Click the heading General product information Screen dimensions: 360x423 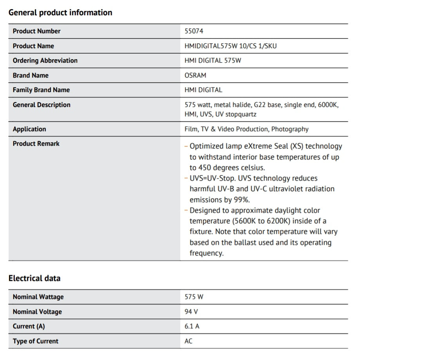click(60, 13)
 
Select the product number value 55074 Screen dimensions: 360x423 click(194, 31)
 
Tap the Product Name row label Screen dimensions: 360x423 click(33, 46)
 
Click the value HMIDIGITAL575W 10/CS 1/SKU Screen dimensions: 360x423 click(230, 46)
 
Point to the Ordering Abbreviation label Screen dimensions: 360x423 click(45, 61)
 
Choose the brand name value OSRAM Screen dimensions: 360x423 click(195, 75)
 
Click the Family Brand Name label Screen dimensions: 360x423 click(41, 90)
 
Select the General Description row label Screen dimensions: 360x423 click(42, 105)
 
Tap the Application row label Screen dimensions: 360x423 click(29, 129)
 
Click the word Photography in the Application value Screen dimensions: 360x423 click(290, 129)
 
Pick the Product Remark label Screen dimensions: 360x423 click(36, 144)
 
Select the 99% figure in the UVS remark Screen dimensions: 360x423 click(241, 200)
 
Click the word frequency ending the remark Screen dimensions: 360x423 click(206, 253)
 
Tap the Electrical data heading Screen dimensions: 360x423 click(34, 279)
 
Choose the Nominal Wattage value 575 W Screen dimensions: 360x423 click(194, 297)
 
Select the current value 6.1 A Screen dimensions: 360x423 click(192, 326)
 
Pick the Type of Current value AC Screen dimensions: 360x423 click(188, 341)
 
